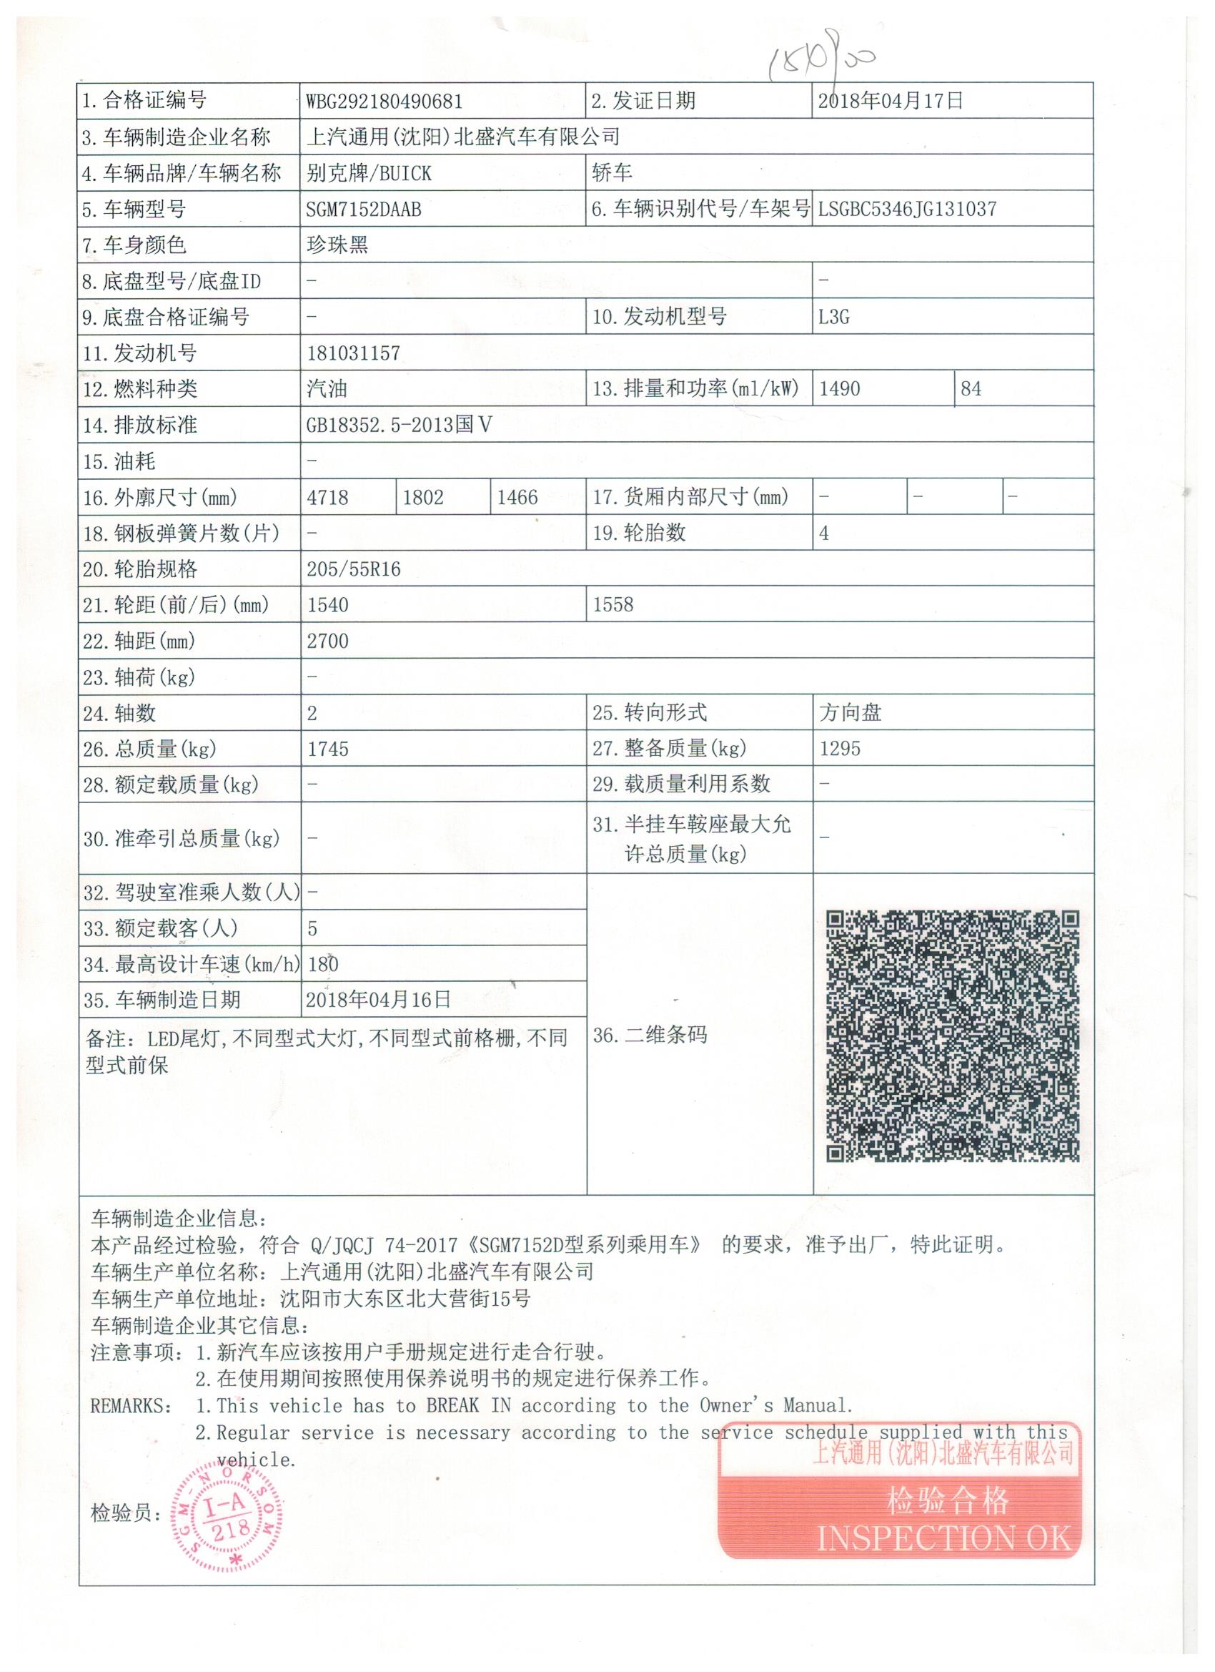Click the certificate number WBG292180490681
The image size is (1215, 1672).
click(384, 101)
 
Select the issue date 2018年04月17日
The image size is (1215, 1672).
click(890, 100)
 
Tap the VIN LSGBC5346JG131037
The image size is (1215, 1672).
click(907, 210)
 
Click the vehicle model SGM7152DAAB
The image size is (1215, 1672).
click(363, 210)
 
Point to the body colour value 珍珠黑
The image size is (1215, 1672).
click(337, 245)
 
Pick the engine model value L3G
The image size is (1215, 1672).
click(833, 317)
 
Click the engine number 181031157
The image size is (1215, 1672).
click(353, 353)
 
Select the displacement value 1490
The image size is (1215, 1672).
click(839, 388)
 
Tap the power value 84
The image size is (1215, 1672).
click(971, 388)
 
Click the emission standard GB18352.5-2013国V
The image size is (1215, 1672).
click(399, 426)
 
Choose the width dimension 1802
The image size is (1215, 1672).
click(423, 498)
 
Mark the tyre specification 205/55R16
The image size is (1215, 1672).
click(353, 569)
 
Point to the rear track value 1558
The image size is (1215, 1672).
click(613, 605)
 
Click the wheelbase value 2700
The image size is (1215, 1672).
click(328, 641)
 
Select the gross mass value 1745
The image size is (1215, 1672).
click(328, 749)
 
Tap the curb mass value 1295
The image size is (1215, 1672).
click(840, 749)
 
